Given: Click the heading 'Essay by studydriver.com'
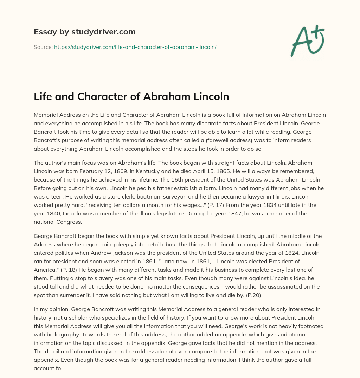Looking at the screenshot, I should (x=85, y=32).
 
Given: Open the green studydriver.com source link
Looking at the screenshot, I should (x=135, y=46).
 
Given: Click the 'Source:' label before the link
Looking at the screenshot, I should (x=43, y=46).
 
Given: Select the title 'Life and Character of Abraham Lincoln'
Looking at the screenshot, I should (x=131, y=96).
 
